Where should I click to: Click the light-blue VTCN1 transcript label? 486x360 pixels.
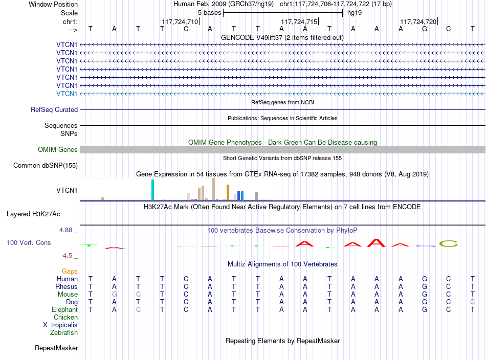67,94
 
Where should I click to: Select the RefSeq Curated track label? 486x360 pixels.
54,109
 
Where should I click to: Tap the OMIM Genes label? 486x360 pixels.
58,150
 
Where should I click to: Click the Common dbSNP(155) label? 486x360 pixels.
45,166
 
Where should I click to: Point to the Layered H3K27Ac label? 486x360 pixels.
33,214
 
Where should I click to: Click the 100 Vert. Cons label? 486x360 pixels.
29,242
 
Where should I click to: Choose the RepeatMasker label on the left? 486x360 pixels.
56,348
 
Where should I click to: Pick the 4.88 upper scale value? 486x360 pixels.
65,230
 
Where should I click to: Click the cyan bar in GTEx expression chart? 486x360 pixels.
152,190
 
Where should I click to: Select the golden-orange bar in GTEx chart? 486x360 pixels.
228,192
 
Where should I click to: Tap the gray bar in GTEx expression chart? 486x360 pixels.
257,196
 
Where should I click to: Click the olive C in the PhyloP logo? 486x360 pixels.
449,244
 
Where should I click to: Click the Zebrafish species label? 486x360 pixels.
64,332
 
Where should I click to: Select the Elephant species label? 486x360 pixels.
65,309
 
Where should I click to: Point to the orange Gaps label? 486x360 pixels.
70,272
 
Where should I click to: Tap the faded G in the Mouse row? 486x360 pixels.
115,295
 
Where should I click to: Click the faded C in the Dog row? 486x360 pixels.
472,302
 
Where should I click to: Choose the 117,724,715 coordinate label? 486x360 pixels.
299,21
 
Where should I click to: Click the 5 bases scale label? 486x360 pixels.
210,13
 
